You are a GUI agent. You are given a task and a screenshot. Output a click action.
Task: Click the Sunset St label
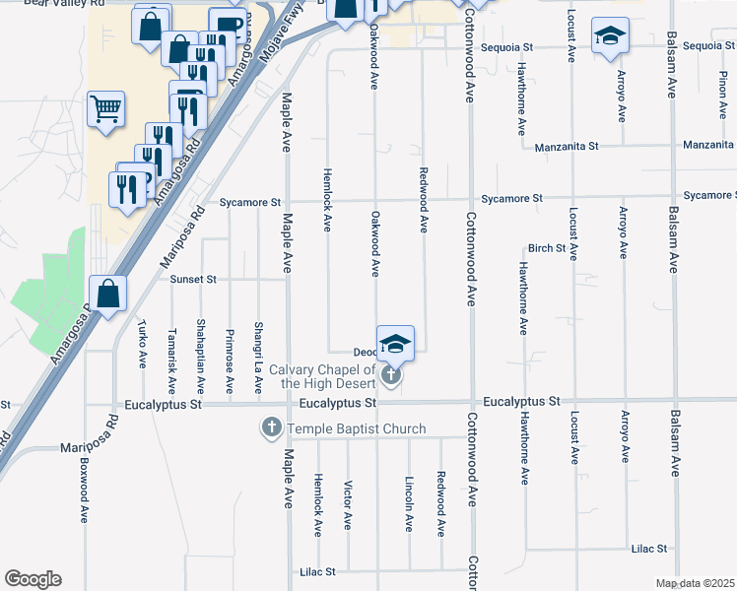(192, 279)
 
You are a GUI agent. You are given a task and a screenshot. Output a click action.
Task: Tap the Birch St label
(547, 248)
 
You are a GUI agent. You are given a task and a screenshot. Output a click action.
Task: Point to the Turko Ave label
(143, 345)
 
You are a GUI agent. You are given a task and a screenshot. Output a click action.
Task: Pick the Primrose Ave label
(229, 357)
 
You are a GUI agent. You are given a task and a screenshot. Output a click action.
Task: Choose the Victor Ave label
(347, 505)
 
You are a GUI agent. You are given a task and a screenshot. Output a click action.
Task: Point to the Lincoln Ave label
(409, 505)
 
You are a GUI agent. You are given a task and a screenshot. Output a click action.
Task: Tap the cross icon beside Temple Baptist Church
(271, 428)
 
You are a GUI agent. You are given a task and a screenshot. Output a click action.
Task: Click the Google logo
(33, 579)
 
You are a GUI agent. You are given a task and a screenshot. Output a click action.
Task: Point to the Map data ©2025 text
(695, 583)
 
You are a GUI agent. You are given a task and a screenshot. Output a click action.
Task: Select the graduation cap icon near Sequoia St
(610, 36)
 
